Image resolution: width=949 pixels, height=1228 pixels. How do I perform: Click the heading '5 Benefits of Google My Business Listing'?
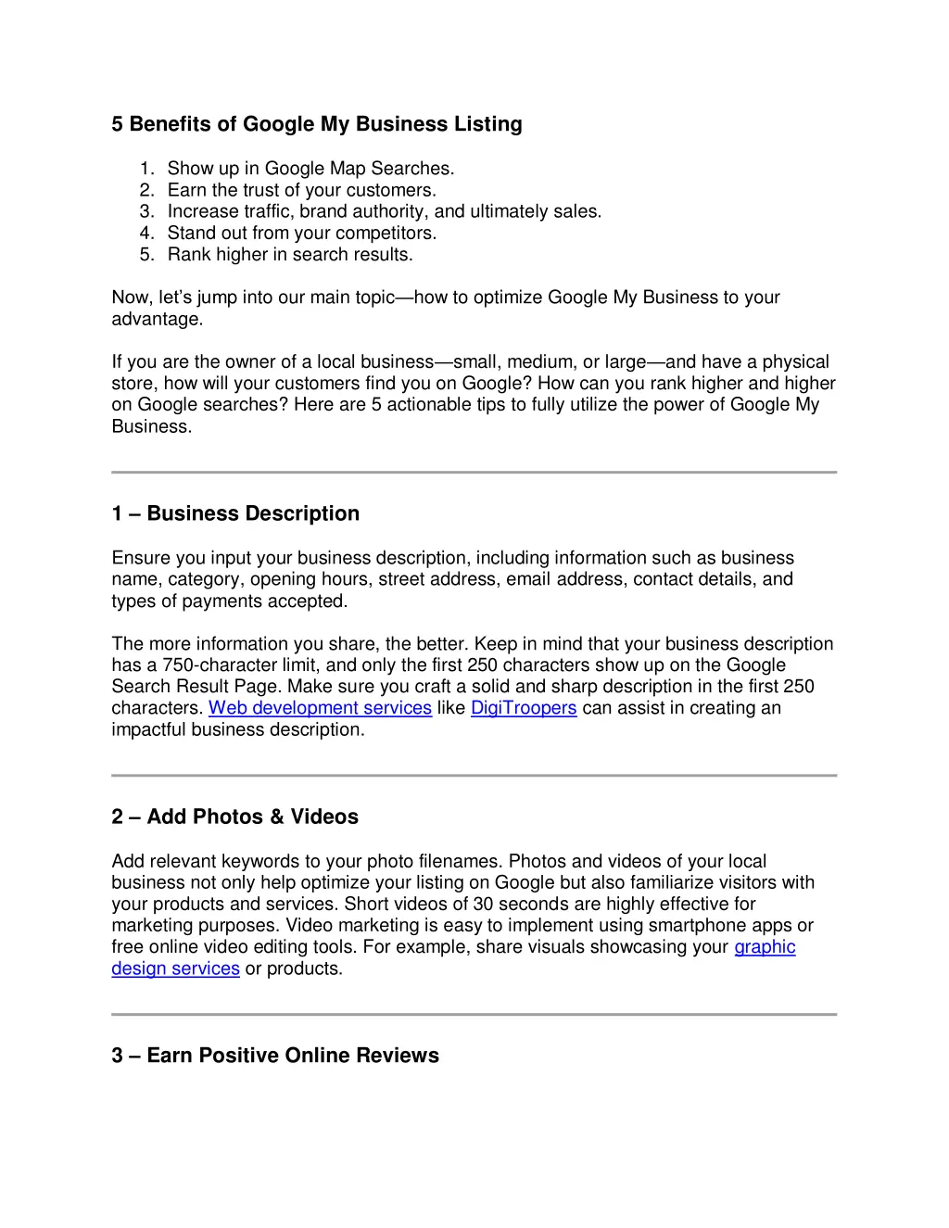click(317, 124)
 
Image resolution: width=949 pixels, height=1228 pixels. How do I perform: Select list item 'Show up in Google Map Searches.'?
click(310, 169)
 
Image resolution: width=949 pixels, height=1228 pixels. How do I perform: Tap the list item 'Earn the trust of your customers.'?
click(301, 190)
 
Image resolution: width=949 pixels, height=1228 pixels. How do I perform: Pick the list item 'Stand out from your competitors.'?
click(301, 233)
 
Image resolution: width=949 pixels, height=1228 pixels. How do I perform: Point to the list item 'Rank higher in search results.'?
click(290, 254)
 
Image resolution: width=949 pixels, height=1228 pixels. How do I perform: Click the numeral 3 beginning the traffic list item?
click(146, 211)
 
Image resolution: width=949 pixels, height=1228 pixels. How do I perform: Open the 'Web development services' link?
click(320, 708)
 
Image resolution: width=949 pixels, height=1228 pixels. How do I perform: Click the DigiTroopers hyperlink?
click(524, 708)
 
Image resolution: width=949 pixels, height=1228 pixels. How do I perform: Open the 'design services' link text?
click(175, 968)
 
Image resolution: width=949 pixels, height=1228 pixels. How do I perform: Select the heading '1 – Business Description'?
click(235, 513)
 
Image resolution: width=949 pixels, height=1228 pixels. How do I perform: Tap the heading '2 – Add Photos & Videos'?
click(234, 817)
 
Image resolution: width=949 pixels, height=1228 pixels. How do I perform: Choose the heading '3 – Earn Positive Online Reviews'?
click(275, 1056)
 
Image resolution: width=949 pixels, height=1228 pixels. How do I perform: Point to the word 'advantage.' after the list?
click(157, 319)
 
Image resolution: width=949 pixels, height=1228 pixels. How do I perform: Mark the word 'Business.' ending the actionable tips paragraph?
click(151, 426)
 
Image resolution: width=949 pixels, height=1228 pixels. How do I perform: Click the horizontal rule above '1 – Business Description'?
click(474, 473)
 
